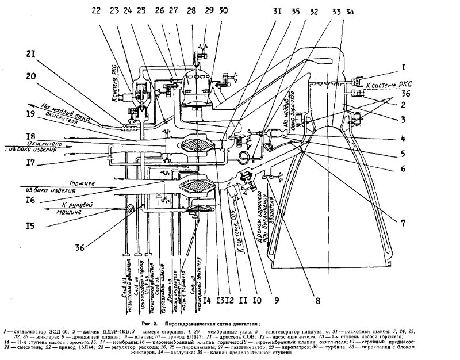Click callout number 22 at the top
95,10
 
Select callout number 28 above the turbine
190,11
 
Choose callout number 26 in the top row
158,11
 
